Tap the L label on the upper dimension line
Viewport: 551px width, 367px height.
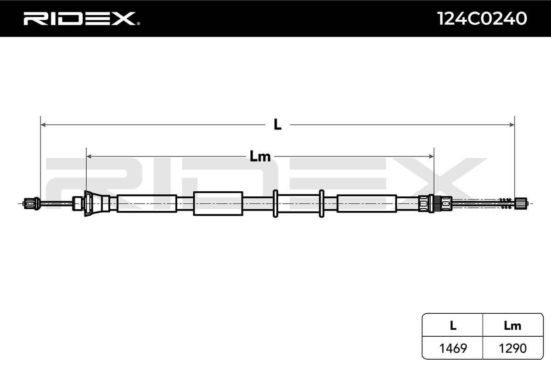tap(277, 124)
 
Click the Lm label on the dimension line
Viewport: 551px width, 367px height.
tap(260, 156)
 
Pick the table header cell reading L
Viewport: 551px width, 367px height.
tap(453, 326)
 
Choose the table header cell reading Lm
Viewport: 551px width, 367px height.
tap(512, 326)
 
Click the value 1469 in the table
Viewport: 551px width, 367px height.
tap(453, 348)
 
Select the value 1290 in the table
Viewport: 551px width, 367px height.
tap(512, 348)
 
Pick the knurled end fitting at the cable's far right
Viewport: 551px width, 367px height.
tap(521, 203)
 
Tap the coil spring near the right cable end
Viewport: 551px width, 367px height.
tap(505, 203)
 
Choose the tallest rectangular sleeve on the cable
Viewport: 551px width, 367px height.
tap(218, 203)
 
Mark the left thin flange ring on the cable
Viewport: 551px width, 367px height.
tap(275, 203)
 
